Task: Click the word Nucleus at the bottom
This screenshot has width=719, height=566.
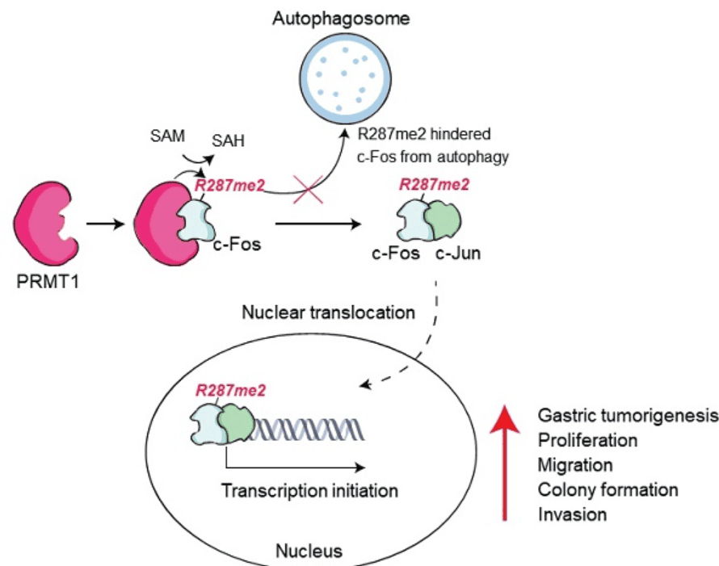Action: (308, 551)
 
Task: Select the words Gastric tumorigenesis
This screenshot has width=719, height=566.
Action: (627, 416)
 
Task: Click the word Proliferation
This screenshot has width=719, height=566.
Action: (587, 441)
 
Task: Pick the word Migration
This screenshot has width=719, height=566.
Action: (574, 465)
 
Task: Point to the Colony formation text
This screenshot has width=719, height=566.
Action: (607, 489)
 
